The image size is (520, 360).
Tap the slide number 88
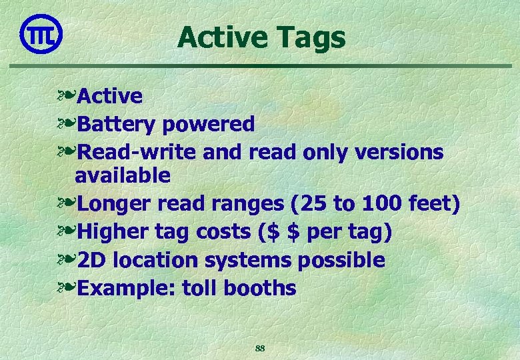pyautogui.click(x=261, y=348)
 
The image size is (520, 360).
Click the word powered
pyautogui.click(x=209, y=125)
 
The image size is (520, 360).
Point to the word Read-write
pyautogui.click(x=137, y=152)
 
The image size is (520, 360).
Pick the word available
pyautogui.click(x=123, y=176)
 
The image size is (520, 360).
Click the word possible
pyautogui.click(x=341, y=260)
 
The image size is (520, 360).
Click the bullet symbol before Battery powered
pyautogui.click(x=67, y=125)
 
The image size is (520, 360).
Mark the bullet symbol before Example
pyautogui.click(x=67, y=289)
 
